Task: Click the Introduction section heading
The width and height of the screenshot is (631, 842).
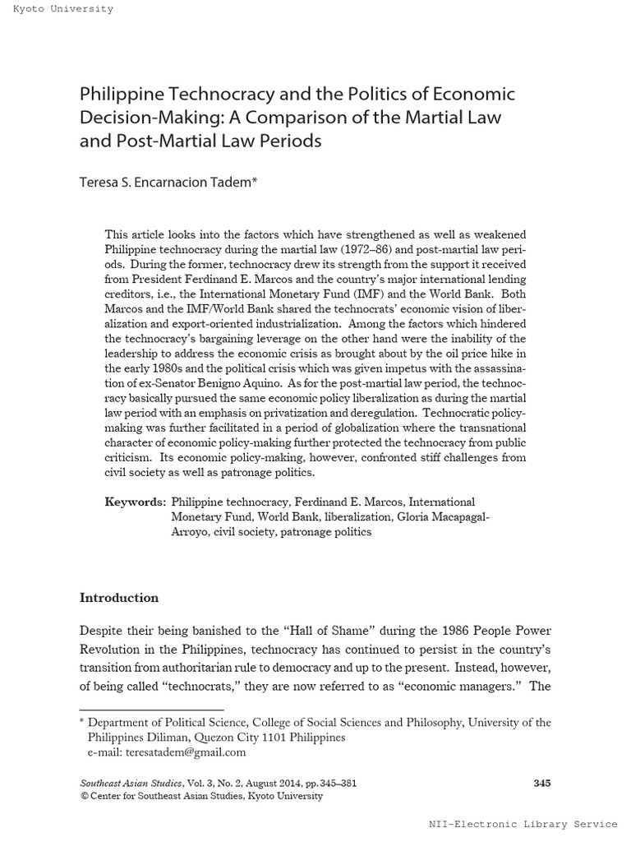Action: [119, 598]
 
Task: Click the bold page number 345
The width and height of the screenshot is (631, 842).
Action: [541, 784]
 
